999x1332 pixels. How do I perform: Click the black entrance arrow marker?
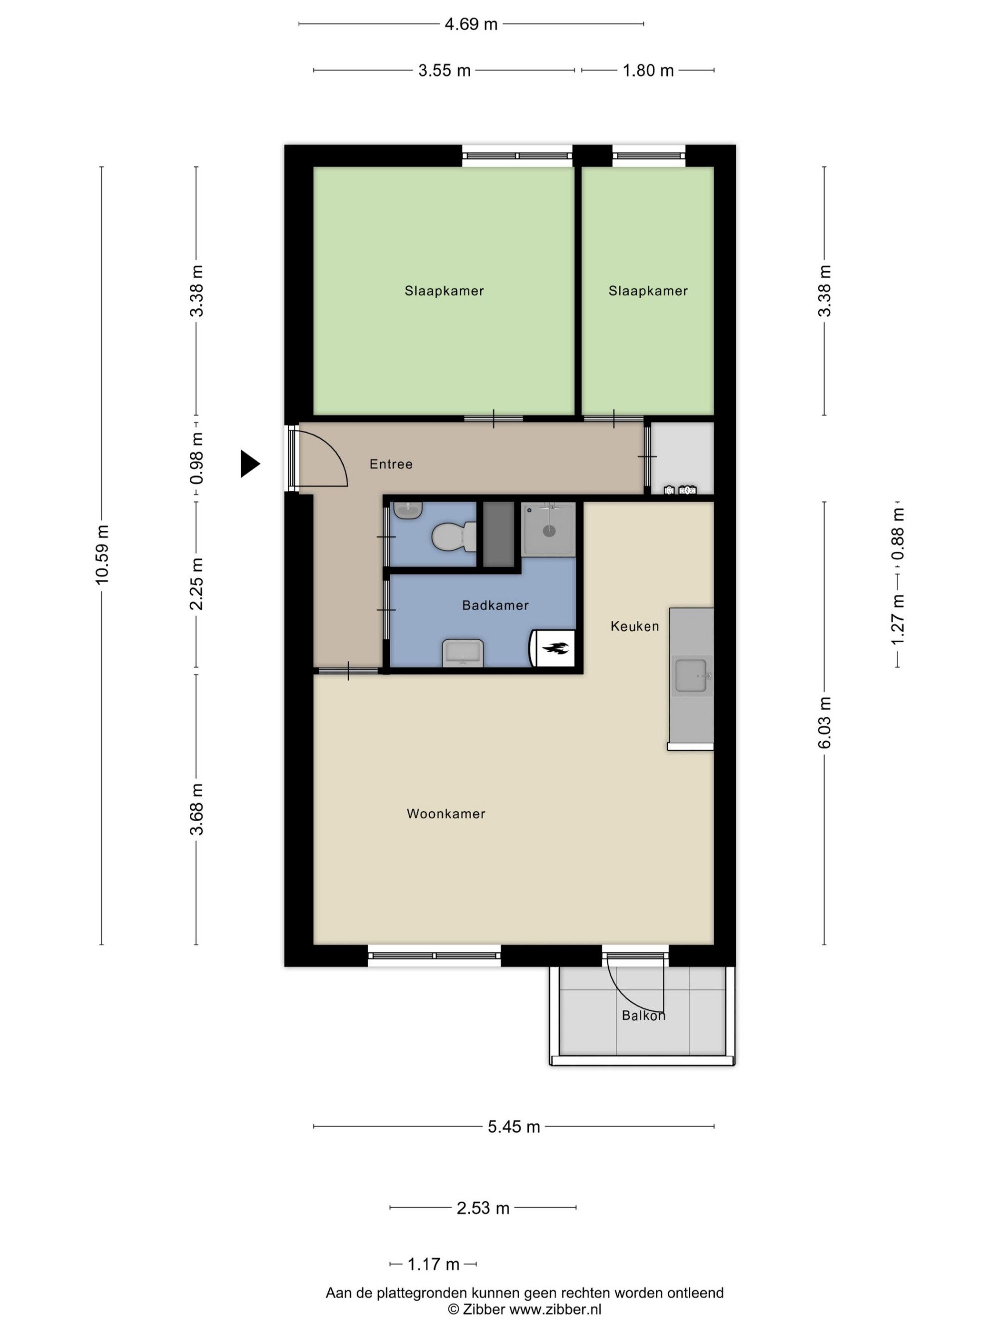pyautogui.click(x=249, y=463)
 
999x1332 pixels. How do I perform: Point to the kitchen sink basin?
pyautogui.click(x=691, y=676)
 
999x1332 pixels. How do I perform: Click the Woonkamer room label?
pyautogui.click(x=446, y=814)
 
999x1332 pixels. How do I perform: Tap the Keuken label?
pyautogui.click(x=635, y=626)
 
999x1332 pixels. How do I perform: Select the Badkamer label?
pyautogui.click(x=495, y=605)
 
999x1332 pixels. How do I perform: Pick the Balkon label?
pyautogui.click(x=643, y=1015)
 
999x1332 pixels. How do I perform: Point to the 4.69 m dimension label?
pyautogui.click(x=471, y=24)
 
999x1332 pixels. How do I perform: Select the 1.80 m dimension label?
pyautogui.click(x=648, y=70)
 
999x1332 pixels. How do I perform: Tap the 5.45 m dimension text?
pyautogui.click(x=513, y=1127)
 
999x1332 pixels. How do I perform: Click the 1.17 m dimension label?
pyautogui.click(x=433, y=1264)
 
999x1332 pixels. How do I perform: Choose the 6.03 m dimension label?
pyautogui.click(x=824, y=723)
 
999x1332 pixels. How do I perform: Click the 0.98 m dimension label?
pyautogui.click(x=196, y=458)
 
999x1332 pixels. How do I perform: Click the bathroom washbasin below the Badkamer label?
pyautogui.click(x=463, y=653)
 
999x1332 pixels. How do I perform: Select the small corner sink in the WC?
pyautogui.click(x=408, y=510)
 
